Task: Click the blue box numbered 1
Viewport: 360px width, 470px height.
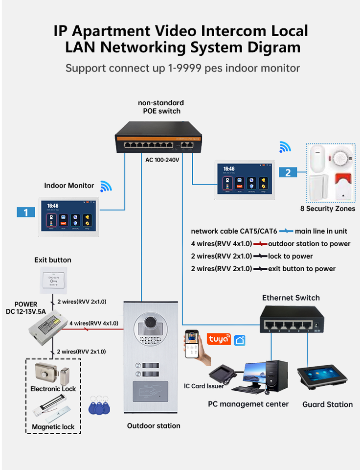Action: [25, 212]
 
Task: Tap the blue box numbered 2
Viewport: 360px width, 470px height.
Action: [288, 172]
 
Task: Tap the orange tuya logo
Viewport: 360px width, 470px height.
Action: [219, 339]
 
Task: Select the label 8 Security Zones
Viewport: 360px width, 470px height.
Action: [327, 209]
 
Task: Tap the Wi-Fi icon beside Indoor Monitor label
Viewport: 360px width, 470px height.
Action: [106, 186]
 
